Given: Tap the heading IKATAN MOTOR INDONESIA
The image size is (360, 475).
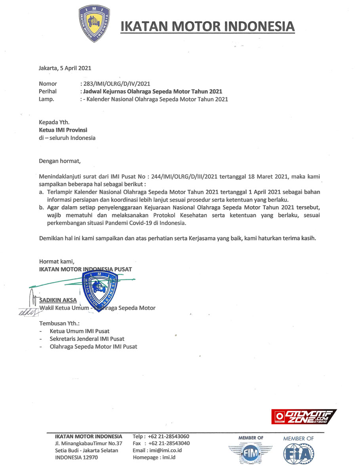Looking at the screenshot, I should pos(208,27).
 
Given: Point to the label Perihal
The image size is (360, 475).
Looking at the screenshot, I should pos(48,91).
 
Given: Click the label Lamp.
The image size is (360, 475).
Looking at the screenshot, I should pos(46,99).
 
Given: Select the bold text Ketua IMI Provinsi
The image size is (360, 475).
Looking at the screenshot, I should pos(63,130).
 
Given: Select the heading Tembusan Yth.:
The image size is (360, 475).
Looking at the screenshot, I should pos(59,323).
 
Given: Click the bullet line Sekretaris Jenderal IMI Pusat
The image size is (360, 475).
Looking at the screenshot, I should pos(87,339).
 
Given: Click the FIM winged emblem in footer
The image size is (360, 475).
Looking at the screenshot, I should pos(251,454).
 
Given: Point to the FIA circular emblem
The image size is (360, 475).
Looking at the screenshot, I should pos(299,454).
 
